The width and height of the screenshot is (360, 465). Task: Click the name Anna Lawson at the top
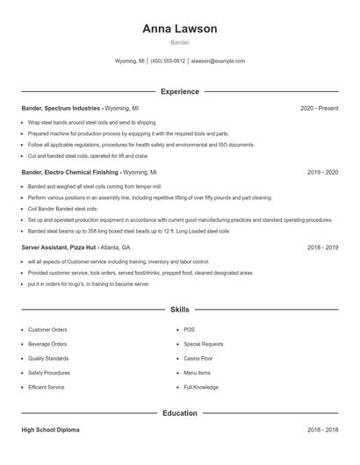pyautogui.click(x=179, y=29)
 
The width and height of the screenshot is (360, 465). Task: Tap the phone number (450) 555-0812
pyautogui.click(x=168, y=61)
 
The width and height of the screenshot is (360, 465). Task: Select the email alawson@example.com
pyautogui.click(x=218, y=61)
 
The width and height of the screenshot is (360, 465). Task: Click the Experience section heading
pyautogui.click(x=179, y=91)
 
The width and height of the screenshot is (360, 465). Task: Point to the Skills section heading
pyautogui.click(x=179, y=310)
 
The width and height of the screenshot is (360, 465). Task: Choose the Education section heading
pyautogui.click(x=179, y=412)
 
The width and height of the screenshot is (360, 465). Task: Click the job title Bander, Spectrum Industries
pyautogui.click(x=61, y=108)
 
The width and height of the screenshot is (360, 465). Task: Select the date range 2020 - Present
pyautogui.click(x=319, y=108)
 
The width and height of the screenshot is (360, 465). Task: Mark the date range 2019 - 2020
pyautogui.click(x=322, y=173)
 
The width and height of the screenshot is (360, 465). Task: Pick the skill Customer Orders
pyautogui.click(x=47, y=330)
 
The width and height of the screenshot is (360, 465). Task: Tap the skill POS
pyautogui.click(x=189, y=330)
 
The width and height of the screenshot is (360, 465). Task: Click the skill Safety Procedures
pyautogui.click(x=50, y=372)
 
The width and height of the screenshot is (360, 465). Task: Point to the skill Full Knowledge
pyautogui.click(x=201, y=387)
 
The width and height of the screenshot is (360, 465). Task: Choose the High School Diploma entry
pyautogui.click(x=50, y=431)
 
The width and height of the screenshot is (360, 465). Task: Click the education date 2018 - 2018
pyautogui.click(x=322, y=431)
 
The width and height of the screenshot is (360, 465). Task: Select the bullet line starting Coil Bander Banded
pyautogui.click(x=62, y=209)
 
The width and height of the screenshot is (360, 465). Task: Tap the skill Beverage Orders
pyautogui.click(x=47, y=344)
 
